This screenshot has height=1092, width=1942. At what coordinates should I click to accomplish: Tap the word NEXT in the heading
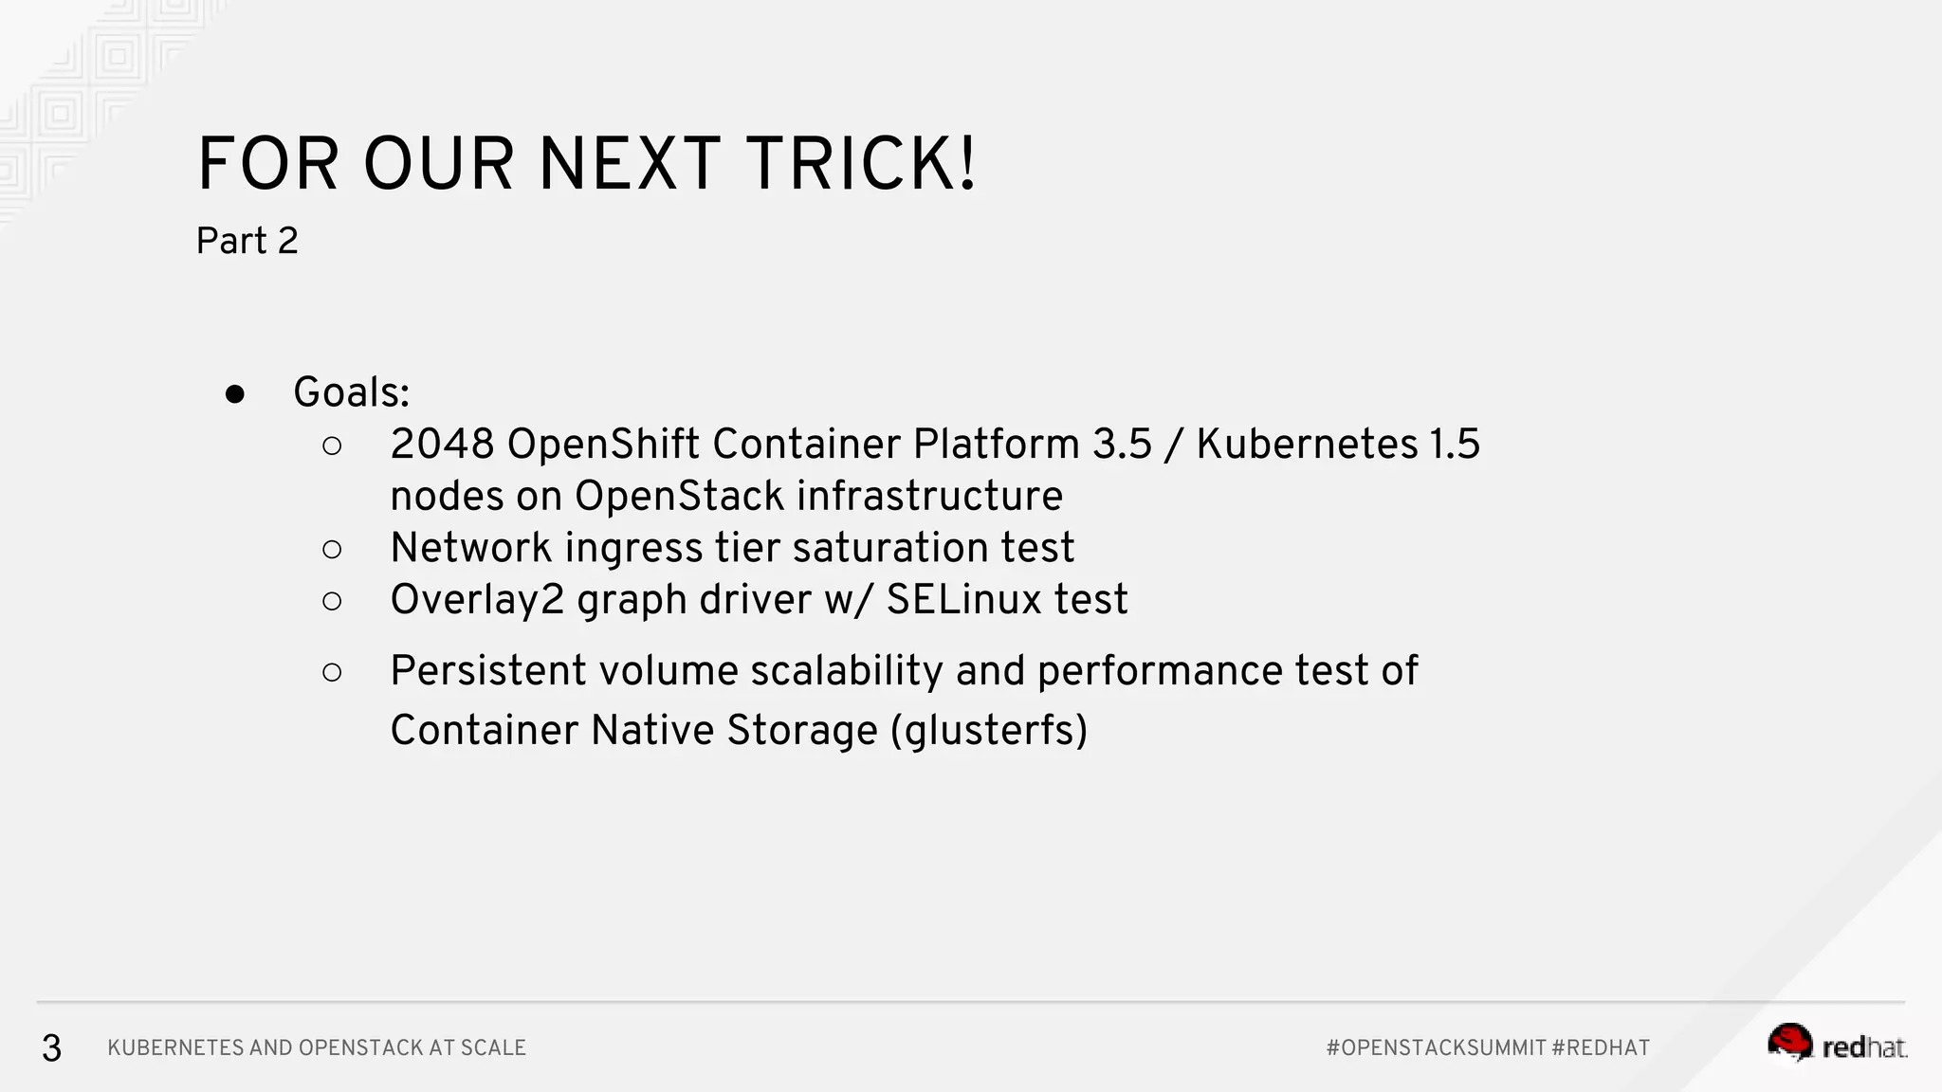coord(629,165)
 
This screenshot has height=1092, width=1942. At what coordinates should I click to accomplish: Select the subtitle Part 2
coord(247,241)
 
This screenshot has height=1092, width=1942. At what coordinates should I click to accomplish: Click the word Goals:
coord(351,392)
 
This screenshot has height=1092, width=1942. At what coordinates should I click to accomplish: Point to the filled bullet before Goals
coord(235,394)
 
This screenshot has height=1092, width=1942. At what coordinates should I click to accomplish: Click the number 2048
coord(442,444)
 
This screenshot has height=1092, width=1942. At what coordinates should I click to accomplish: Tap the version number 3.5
coord(1122,444)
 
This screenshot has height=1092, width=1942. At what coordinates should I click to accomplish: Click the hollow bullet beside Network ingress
coord(332,549)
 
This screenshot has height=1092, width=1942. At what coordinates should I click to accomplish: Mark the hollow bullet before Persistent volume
coord(332,672)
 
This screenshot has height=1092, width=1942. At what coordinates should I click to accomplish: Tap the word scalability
coord(847,670)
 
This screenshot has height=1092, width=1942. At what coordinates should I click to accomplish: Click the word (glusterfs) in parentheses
coord(989,730)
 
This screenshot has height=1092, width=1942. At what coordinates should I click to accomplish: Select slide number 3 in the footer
coord(51,1047)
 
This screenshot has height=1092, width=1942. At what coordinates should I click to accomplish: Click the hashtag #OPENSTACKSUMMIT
coord(1436,1047)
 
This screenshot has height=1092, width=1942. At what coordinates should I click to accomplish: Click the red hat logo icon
coord(1790,1043)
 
